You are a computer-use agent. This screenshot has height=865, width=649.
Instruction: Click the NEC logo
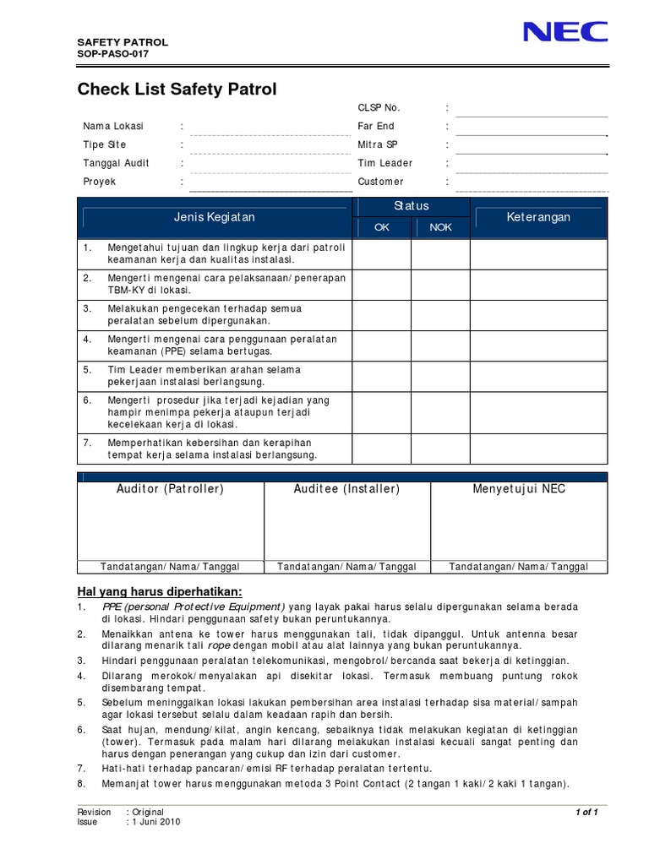coord(565,32)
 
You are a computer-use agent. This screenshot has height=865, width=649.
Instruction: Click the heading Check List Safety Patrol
coord(177,89)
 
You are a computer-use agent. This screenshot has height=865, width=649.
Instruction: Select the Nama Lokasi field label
coord(113,126)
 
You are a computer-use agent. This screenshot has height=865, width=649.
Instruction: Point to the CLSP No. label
coord(379,107)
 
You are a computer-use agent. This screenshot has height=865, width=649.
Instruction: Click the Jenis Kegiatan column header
coord(214,217)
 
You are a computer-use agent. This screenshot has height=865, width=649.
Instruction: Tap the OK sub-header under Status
coord(382,227)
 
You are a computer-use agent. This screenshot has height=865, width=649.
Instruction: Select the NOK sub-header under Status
coord(441,227)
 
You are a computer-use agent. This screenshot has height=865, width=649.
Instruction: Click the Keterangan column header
coord(538,217)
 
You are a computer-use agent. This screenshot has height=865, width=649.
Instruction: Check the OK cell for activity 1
coord(382,253)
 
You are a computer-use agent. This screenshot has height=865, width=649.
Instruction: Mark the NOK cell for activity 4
coord(441,345)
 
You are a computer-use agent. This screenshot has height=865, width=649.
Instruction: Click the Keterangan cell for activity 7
coord(538,449)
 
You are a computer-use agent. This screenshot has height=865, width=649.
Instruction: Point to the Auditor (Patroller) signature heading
coord(170,489)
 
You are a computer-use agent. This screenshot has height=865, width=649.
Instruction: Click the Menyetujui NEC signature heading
coord(519,489)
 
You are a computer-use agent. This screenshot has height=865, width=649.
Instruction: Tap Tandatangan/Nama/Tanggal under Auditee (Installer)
coord(346,567)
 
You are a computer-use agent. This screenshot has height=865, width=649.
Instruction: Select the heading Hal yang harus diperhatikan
coord(160,590)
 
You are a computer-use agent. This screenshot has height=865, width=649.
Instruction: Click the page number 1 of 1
coord(586,812)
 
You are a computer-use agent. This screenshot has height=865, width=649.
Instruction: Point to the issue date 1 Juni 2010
coord(155,821)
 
